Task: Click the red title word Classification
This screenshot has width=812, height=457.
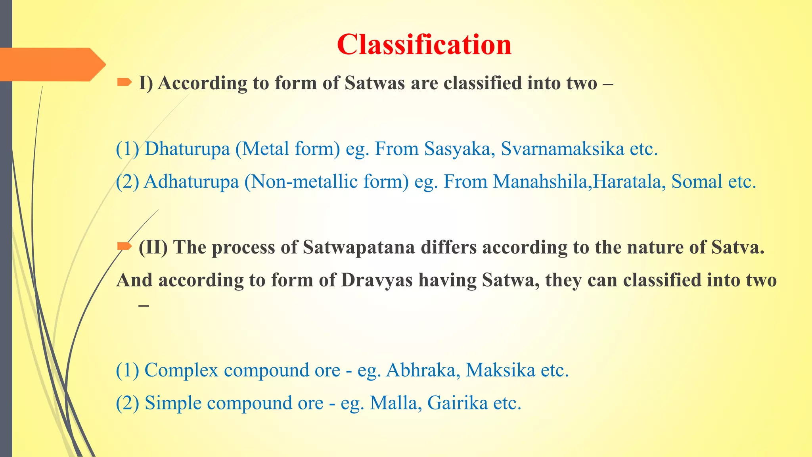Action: pyautogui.click(x=424, y=44)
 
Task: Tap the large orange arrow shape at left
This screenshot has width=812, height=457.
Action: pyautogui.click(x=52, y=65)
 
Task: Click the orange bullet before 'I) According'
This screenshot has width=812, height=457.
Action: pyautogui.click(x=124, y=83)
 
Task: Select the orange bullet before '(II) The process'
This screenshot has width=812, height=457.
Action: pyautogui.click(x=124, y=247)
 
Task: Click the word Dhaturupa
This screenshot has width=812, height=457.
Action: pyautogui.click(x=187, y=149)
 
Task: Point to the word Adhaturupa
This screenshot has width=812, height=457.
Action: pyautogui.click(x=191, y=182)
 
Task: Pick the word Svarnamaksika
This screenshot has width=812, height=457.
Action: pyautogui.click(x=563, y=149)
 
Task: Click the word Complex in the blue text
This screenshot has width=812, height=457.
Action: pyautogui.click(x=181, y=370)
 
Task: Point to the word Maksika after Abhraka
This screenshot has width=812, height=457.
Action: pyautogui.click(x=500, y=370)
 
